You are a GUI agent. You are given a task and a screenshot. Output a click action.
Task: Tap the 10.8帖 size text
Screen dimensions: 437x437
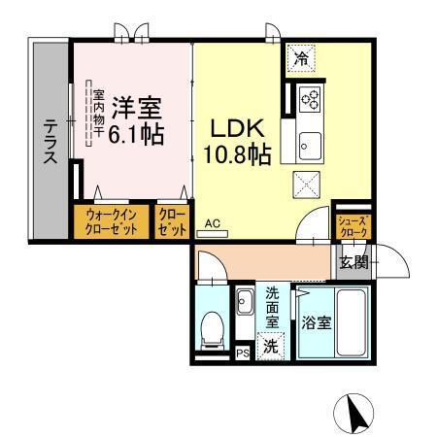coord(237,153)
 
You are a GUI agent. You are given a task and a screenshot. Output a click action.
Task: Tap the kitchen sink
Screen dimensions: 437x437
coord(311,146)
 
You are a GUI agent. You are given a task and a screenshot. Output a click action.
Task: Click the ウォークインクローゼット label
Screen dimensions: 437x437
coord(109,221)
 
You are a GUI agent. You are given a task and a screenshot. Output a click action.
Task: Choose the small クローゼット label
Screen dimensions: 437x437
coord(171,221)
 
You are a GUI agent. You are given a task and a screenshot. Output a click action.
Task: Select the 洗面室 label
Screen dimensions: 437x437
coord(273,305)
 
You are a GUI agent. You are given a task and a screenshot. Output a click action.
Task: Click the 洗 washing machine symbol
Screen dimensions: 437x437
coord(272,343)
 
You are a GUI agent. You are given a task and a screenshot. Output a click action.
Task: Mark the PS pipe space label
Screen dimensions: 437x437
coord(242,353)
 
